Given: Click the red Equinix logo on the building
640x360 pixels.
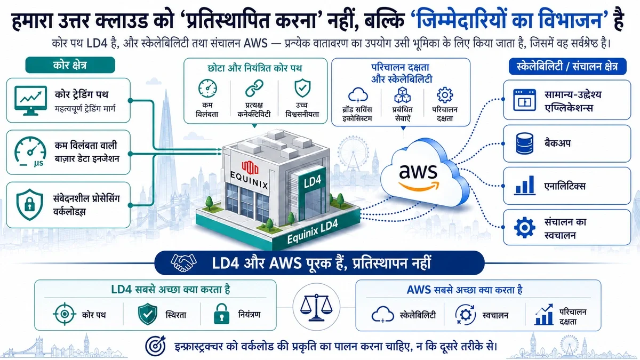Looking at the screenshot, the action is point(250,167).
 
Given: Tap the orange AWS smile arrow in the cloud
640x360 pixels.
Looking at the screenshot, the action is point(419,187).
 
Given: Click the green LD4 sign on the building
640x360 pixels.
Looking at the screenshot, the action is point(312,181).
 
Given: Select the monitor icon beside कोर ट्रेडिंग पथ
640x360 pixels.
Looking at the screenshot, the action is point(30,101).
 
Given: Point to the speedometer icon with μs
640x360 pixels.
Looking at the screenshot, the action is point(30,151).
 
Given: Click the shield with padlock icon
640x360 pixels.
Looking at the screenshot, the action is point(30,205).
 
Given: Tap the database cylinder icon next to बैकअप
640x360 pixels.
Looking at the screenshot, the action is point(525,143).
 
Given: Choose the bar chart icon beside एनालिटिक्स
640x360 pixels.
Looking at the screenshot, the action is point(525,186).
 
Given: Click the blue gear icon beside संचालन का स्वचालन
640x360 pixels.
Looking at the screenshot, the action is point(525,228).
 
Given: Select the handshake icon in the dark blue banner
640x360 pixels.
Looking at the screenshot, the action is point(183,262).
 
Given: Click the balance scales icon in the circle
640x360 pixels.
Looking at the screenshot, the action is point(316,307).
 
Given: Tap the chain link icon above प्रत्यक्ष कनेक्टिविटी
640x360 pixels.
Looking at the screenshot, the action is point(254,88).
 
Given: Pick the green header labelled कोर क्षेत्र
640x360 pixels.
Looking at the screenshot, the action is point(70,65).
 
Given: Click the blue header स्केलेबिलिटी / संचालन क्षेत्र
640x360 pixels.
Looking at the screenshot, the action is point(567,67).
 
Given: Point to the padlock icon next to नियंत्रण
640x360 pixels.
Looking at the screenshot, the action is point(221,314).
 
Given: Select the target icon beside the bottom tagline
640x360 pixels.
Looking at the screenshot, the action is point(155,346).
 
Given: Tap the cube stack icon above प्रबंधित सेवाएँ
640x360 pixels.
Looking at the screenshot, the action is point(402,95).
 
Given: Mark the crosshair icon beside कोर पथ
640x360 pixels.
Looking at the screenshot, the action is point(65,314).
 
